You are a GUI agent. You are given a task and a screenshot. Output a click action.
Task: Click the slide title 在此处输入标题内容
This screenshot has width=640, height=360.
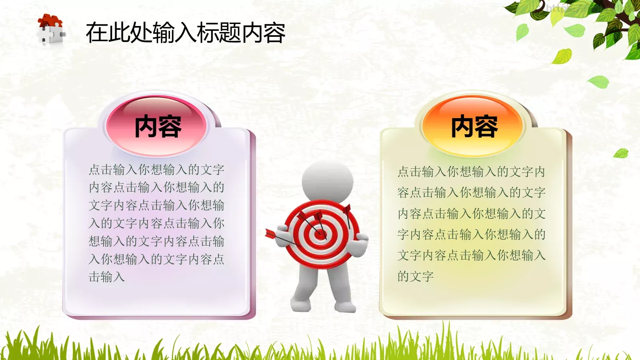185,33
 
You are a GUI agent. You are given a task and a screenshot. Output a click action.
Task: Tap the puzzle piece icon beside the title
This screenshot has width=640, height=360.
51,30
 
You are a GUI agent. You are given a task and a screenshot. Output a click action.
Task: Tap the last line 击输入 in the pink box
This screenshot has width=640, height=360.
106,277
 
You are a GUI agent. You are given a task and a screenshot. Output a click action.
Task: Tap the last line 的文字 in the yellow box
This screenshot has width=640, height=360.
415,276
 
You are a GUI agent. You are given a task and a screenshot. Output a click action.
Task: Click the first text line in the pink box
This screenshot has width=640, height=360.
156,170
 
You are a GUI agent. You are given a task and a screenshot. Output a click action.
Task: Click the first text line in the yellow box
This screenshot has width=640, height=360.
471,172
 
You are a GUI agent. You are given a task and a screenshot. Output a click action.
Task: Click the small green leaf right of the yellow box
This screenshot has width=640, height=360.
621,153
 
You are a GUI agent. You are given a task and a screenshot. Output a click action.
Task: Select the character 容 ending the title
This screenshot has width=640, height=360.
274,33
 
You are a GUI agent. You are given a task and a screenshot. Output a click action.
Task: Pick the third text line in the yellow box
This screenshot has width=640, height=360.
471,214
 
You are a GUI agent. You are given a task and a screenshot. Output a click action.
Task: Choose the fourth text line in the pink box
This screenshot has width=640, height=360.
156,223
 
